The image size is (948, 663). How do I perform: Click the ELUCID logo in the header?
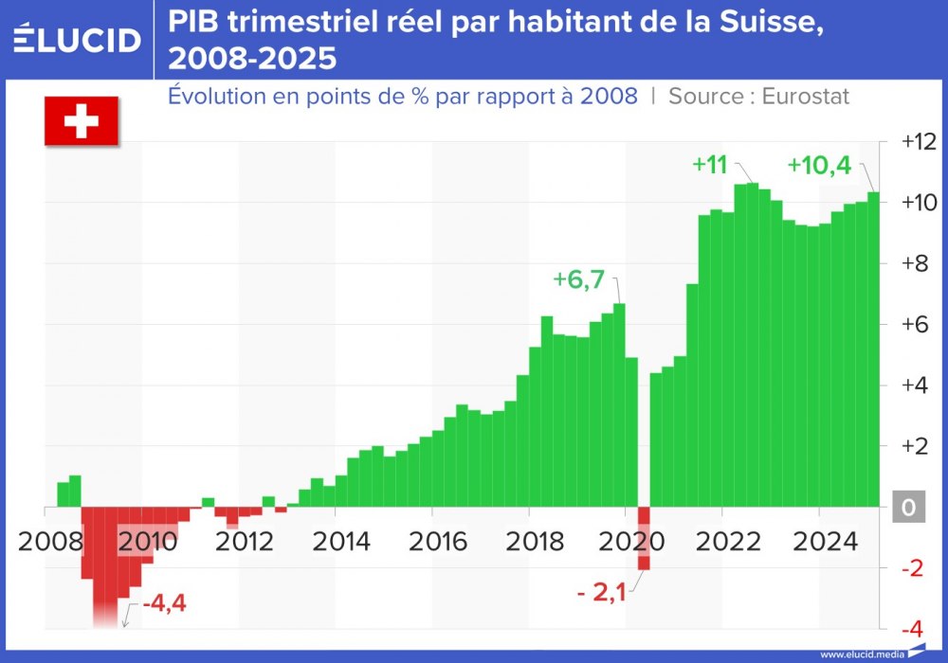coord(78,39)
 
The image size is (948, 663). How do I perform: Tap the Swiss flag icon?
coord(81,121)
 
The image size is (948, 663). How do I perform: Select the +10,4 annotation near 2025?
coord(820,164)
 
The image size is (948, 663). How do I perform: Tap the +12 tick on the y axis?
coord(918,141)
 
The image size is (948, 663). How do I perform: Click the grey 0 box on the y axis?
coord(908,509)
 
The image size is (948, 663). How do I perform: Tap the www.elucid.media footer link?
coord(861,654)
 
